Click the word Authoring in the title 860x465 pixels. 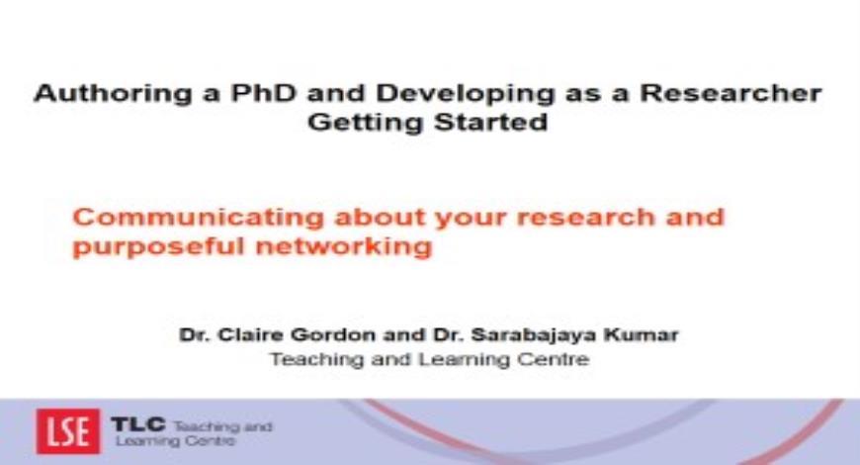(113, 94)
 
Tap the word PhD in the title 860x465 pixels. (263, 92)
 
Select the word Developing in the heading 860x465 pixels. (466, 94)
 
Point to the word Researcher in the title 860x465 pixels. (731, 92)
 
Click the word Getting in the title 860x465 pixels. (366, 122)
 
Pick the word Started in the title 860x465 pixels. (491, 121)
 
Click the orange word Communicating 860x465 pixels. (198, 218)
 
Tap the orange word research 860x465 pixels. (585, 217)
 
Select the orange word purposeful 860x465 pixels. (158, 246)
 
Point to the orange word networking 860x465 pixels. (344, 246)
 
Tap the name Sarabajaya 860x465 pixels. (533, 334)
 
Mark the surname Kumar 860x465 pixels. (642, 334)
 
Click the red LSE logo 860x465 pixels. (68, 431)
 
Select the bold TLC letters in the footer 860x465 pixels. (138, 423)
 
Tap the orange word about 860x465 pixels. (381, 217)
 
